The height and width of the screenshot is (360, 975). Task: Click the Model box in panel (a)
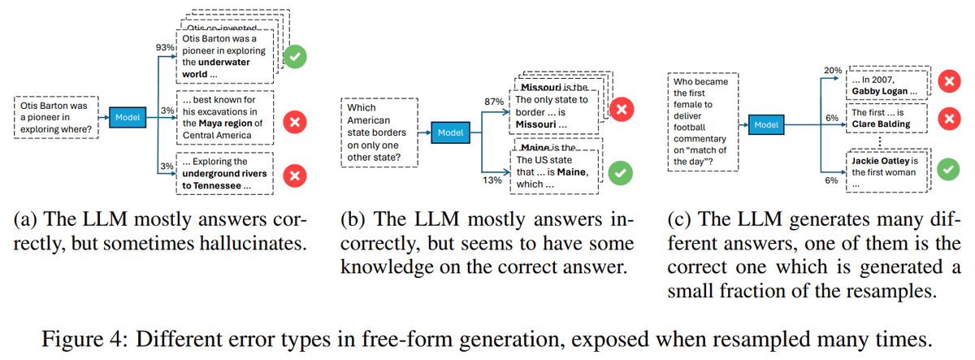pos(128,117)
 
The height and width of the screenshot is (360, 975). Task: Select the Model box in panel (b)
pos(450,132)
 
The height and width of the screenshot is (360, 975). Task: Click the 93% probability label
pos(166,48)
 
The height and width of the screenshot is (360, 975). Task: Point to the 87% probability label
pos(494,101)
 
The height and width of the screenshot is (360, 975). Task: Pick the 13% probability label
pos(492,180)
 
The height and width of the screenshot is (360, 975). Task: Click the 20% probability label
pos(832,72)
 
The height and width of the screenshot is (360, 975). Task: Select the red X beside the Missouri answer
pos(622,111)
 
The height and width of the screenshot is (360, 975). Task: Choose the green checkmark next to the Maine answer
pos(622,173)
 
